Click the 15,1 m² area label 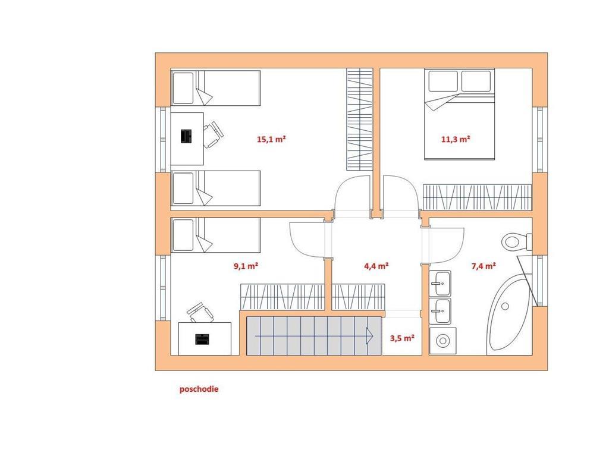pos(271,139)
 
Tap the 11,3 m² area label pos(456,139)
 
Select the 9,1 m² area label pos(246,266)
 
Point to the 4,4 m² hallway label pos(376,266)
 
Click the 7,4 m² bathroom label pos(484,266)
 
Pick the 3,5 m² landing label pos(402,338)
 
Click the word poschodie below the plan pos(199,389)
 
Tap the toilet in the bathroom pos(517,242)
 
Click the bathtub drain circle pos(505,306)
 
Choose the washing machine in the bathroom pos(442,341)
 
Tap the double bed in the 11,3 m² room pos(460,114)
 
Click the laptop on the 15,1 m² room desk pos(187,136)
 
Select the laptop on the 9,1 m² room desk pos(202,339)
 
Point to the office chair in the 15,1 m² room pos(213,134)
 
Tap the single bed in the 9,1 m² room pos(215,235)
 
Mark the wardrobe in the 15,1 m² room pos(360,119)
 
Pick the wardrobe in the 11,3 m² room pos(477,197)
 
